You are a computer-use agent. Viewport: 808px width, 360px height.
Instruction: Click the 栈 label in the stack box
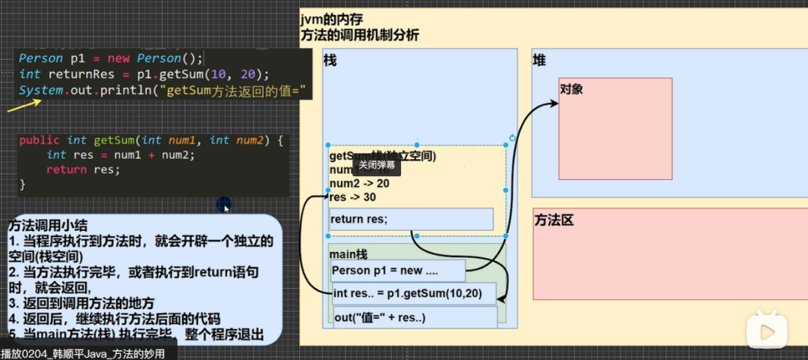pyautogui.click(x=330, y=61)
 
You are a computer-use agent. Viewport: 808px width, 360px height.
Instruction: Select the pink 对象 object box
pyautogui.click(x=615, y=137)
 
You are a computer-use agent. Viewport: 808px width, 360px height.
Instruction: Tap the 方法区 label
pyautogui.click(x=553, y=220)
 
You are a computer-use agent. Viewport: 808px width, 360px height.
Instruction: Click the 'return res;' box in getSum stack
pyautogui.click(x=411, y=219)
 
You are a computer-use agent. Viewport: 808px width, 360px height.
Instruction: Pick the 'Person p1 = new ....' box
pyautogui.click(x=398, y=271)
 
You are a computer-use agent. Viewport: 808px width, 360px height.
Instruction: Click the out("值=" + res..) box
pyautogui.click(x=414, y=317)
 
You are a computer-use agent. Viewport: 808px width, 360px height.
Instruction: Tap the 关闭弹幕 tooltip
pyautogui.click(x=377, y=165)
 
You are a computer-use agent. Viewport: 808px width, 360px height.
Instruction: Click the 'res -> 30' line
pyautogui.click(x=353, y=197)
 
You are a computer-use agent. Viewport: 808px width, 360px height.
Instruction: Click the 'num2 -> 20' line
pyautogui.click(x=359, y=184)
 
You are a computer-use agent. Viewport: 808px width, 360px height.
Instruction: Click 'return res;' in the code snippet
pyautogui.click(x=83, y=169)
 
